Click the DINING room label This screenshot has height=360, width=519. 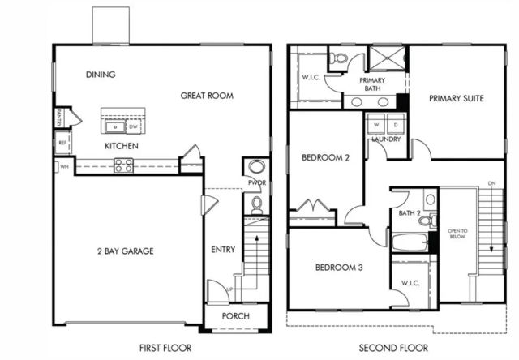pyautogui.click(x=101, y=75)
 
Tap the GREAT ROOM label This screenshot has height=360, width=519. pyautogui.click(x=207, y=96)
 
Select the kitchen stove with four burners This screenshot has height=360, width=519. pyautogui.click(x=124, y=165)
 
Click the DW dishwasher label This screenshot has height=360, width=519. pyautogui.click(x=133, y=126)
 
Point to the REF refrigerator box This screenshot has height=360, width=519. pyautogui.click(x=62, y=143)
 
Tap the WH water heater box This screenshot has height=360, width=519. pyautogui.click(x=63, y=167)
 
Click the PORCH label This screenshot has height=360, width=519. pyautogui.click(x=235, y=316)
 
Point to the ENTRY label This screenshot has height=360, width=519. pyautogui.click(x=222, y=250)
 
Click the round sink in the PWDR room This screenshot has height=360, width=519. pyautogui.click(x=257, y=167)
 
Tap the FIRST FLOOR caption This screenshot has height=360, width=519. pyautogui.click(x=165, y=348)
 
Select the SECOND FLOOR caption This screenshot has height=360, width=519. pyautogui.click(x=393, y=348)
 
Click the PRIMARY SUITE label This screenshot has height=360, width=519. pyautogui.click(x=457, y=98)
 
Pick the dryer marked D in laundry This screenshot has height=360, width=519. pyautogui.click(x=395, y=126)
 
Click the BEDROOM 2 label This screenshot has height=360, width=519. pyautogui.click(x=325, y=157)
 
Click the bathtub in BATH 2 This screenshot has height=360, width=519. pyautogui.click(x=410, y=242)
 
